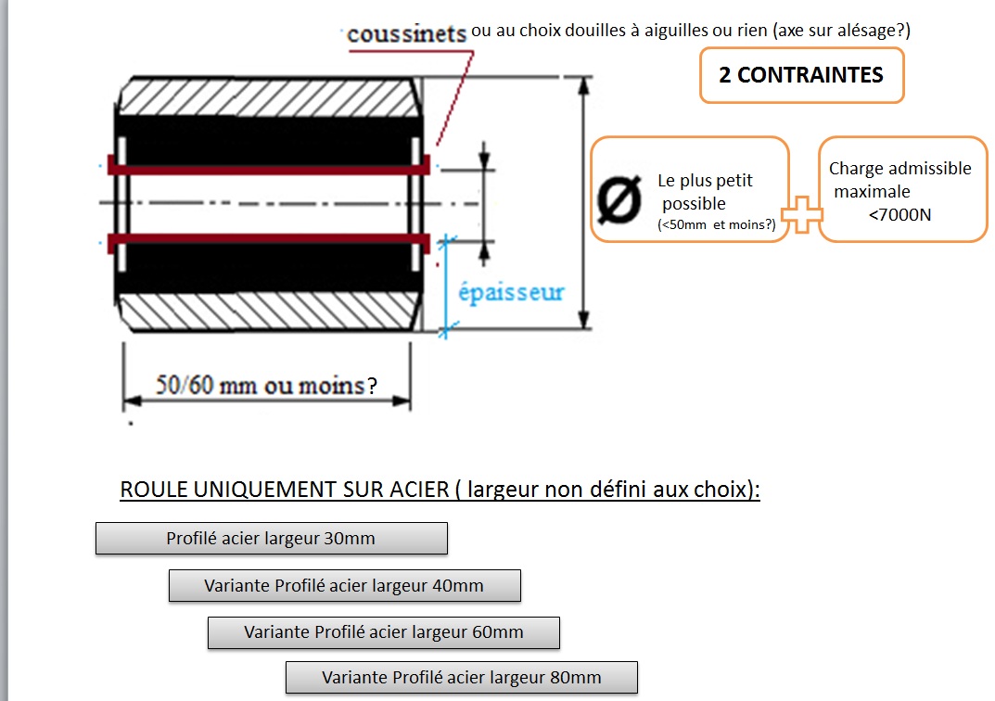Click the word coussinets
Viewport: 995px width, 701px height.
click(406, 34)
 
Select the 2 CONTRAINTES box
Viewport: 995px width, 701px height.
click(801, 75)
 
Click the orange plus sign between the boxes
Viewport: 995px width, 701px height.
click(802, 215)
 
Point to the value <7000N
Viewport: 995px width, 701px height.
click(900, 214)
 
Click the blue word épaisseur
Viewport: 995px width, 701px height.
click(511, 292)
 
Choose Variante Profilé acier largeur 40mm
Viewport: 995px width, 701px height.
click(344, 585)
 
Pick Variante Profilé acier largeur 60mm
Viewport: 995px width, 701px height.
click(383, 632)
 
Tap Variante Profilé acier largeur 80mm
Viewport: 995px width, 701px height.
click(461, 678)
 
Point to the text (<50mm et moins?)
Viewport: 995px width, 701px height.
click(716, 223)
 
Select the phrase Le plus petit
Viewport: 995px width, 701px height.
click(705, 181)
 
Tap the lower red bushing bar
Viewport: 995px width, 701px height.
click(269, 242)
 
